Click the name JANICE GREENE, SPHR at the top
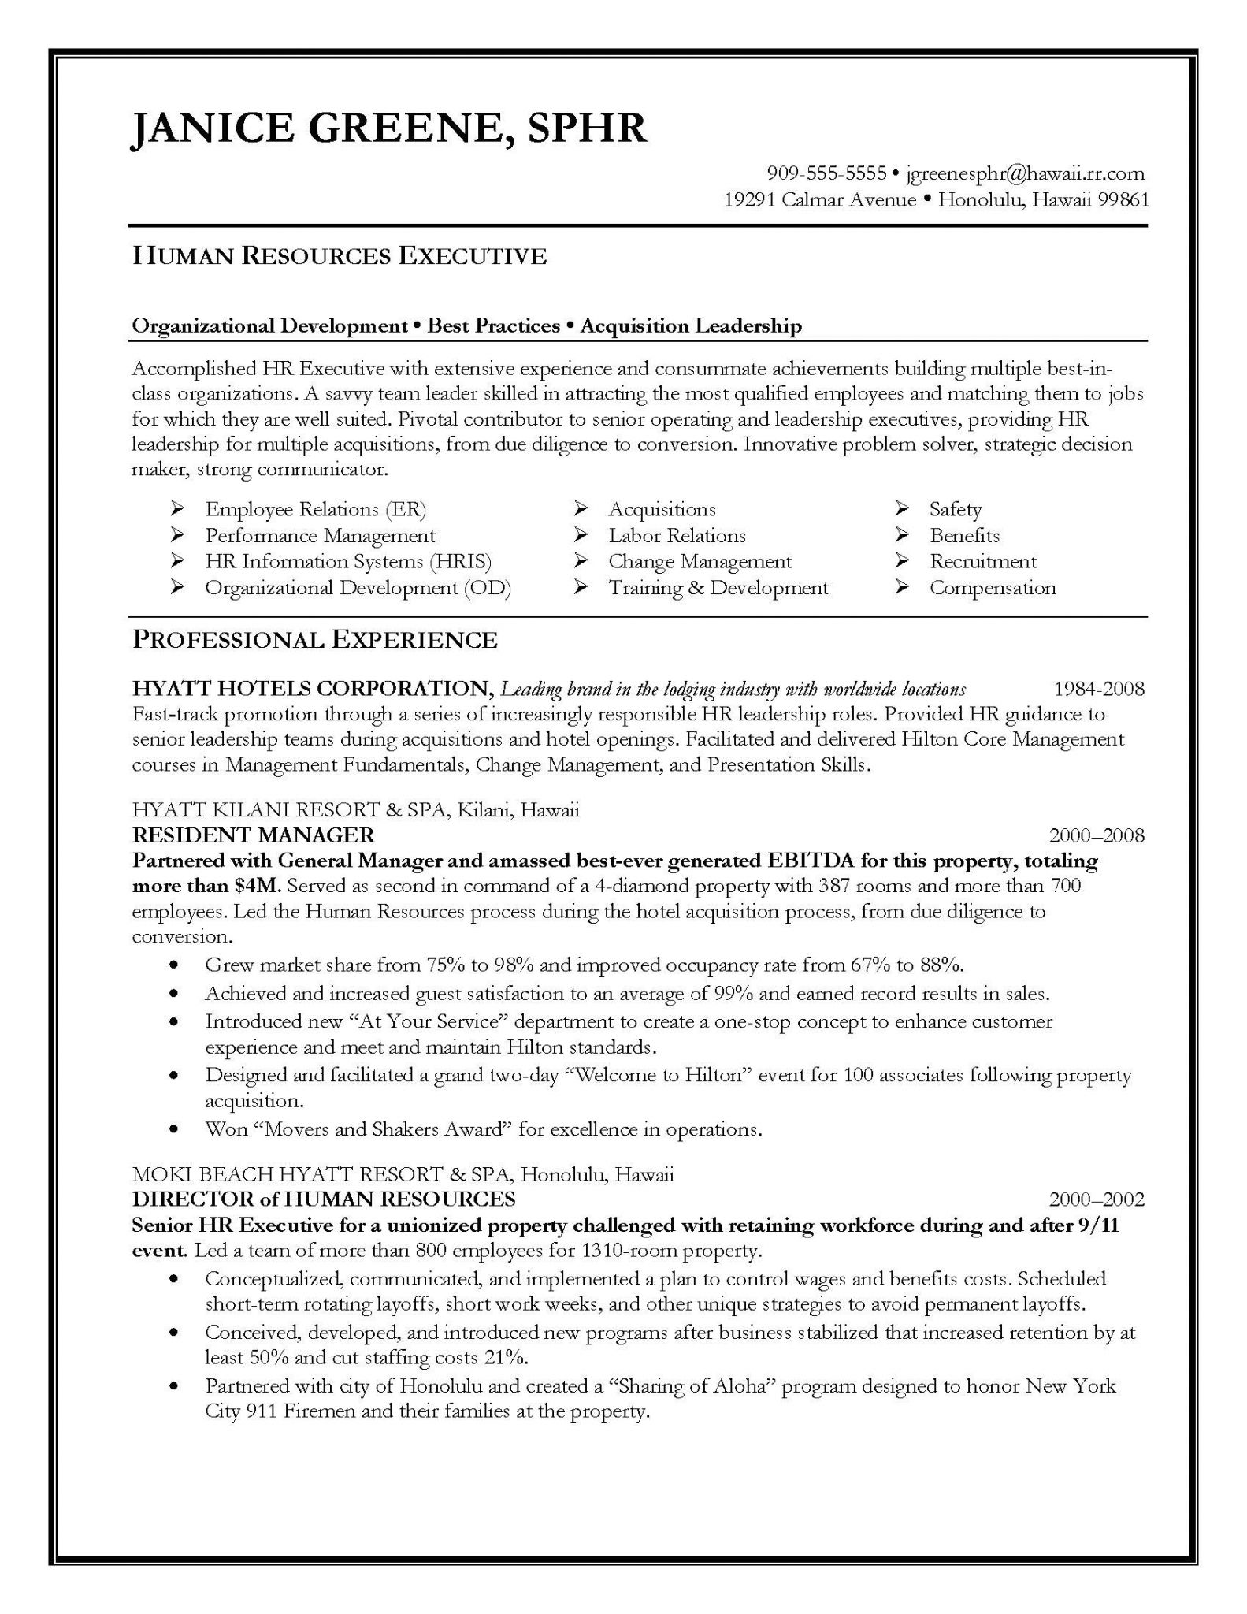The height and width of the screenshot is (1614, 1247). (389, 127)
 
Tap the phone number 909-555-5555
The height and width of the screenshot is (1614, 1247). (826, 173)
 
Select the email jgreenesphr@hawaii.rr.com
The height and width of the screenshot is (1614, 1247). (1025, 173)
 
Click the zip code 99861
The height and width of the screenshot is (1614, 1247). (1123, 199)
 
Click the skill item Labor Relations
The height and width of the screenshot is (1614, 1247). (677, 536)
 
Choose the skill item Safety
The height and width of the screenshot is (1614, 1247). (955, 509)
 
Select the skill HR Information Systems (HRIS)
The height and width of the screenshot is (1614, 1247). (347, 562)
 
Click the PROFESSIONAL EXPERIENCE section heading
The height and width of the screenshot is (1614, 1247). (314, 639)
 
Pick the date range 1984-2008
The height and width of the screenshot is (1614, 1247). (1099, 690)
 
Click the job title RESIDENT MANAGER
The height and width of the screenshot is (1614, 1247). (253, 835)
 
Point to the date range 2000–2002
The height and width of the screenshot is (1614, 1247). (1097, 1199)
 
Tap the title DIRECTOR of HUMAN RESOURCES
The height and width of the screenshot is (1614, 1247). (323, 1199)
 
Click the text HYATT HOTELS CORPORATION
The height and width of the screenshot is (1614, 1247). (313, 689)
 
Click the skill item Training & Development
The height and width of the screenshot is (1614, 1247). (718, 588)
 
